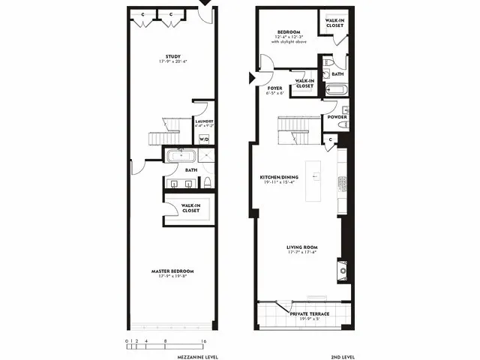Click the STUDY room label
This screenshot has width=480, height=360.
point(173,56)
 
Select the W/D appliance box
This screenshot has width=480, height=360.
point(204,139)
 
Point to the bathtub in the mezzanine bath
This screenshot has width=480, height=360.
point(180,157)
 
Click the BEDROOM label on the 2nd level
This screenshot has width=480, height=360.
point(289,32)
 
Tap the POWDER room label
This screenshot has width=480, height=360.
point(335,117)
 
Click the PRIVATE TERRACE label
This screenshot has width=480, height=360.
point(309,314)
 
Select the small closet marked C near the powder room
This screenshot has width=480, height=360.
point(331,139)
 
